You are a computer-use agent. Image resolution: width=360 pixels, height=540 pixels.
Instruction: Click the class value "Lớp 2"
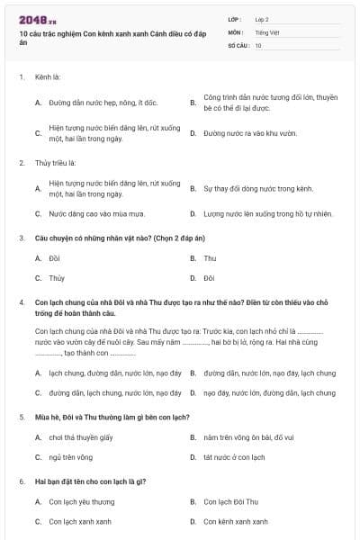(x=262, y=19)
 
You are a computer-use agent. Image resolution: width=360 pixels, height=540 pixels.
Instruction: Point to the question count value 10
(x=258, y=44)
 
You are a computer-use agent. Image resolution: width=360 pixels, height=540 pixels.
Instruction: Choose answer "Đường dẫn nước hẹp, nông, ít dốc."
(x=104, y=103)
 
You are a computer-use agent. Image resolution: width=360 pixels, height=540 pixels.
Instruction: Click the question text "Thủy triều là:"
(x=55, y=163)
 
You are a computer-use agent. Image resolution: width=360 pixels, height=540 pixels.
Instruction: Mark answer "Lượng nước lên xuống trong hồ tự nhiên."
(x=268, y=214)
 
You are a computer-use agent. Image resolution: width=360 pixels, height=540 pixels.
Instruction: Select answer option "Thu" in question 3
(x=210, y=258)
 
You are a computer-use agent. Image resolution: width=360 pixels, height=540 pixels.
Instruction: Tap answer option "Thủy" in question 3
(x=57, y=278)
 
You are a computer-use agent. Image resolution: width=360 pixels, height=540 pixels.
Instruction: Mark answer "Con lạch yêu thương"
(x=82, y=501)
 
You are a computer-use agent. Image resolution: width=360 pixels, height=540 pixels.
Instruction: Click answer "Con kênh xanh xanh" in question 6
(x=236, y=521)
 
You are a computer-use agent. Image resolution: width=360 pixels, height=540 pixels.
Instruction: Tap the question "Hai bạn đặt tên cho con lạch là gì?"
(x=90, y=481)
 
